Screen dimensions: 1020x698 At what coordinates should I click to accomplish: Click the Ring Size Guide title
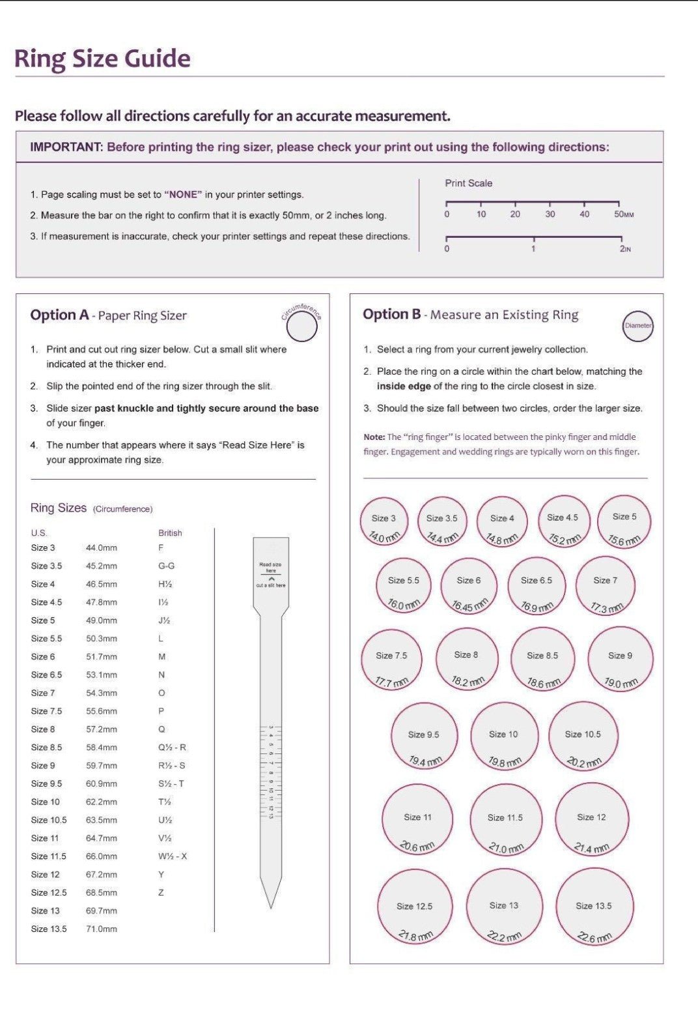coord(102,59)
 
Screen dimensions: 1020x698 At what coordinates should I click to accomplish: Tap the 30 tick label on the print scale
coord(550,214)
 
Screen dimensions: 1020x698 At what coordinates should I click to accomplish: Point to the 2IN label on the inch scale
coord(625,249)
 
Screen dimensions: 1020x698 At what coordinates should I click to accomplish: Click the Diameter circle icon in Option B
coord(638,325)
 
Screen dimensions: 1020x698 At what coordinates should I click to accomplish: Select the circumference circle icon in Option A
coord(302,327)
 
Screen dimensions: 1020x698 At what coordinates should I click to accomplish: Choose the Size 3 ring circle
coord(384,522)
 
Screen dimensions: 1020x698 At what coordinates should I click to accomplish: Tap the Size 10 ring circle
coord(504,737)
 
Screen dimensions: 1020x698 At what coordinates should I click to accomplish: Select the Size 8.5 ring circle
coord(542,659)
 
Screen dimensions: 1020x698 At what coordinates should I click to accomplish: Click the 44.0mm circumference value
coord(102,548)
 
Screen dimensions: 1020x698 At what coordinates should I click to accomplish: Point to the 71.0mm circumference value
coord(102,929)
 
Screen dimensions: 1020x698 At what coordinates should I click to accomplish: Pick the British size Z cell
coord(161,892)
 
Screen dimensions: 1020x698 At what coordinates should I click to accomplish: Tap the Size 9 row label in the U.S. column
coord(43,766)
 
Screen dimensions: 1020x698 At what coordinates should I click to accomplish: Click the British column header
coord(170,533)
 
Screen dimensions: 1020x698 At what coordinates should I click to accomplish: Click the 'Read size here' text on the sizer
coord(270,567)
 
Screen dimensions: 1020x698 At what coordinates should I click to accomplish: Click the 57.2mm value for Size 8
coord(102,729)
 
